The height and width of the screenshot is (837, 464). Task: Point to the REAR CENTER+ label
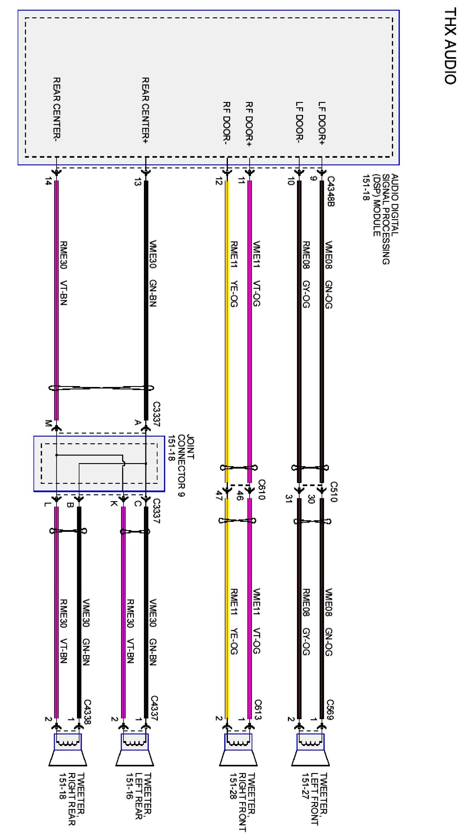pos(145,111)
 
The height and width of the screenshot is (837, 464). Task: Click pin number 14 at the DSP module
pos(48,182)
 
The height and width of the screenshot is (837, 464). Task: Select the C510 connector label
pos(334,492)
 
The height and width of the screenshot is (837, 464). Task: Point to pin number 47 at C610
pos(219,496)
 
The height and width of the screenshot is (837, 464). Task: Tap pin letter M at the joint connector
pos(48,424)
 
